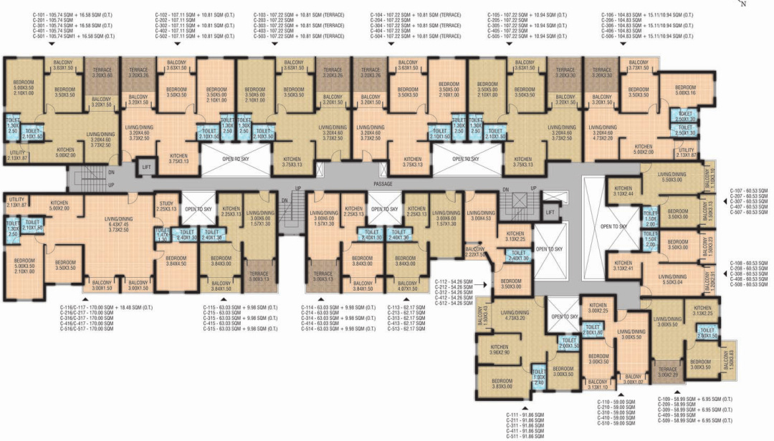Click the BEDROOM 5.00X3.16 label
coord(685,89)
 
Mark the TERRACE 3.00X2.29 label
coord(666,372)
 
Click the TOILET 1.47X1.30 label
coord(161,233)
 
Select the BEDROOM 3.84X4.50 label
coord(176,261)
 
